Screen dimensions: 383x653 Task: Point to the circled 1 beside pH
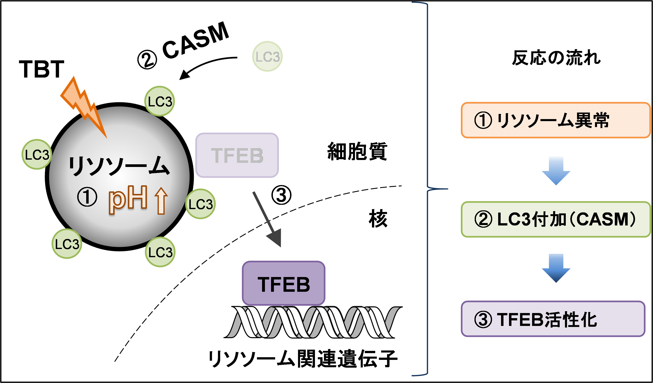pyautogui.click(x=87, y=197)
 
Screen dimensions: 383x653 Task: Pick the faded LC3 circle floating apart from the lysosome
pyautogui.click(x=267, y=56)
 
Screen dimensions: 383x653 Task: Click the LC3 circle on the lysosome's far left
pyautogui.click(x=37, y=154)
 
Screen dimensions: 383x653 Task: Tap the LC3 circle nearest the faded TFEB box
pyautogui.click(x=200, y=204)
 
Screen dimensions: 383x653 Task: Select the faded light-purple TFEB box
pyautogui.click(x=237, y=155)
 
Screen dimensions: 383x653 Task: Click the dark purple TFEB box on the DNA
pyautogui.click(x=284, y=283)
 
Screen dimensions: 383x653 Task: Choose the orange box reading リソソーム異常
pyautogui.click(x=556, y=120)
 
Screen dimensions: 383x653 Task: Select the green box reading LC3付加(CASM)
pyautogui.click(x=556, y=220)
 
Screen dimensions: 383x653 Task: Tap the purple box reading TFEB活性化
pyautogui.click(x=553, y=319)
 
